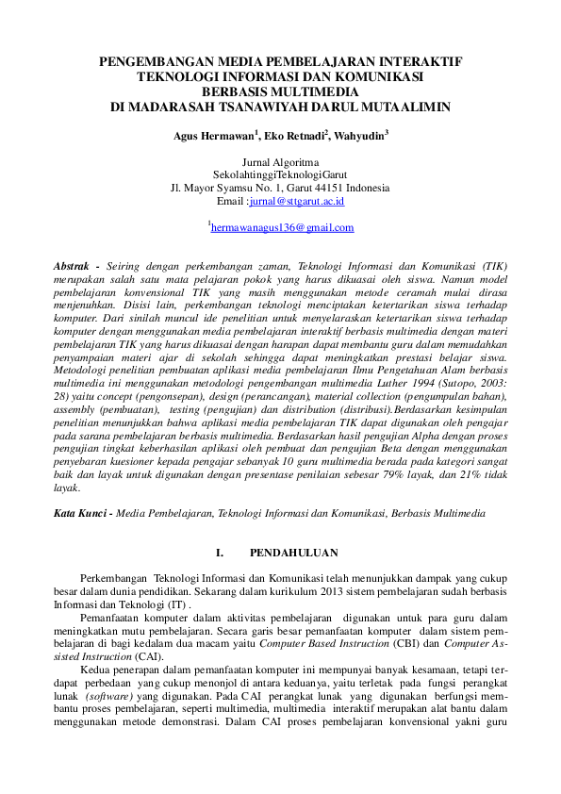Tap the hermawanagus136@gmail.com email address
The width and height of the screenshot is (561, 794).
tap(282, 228)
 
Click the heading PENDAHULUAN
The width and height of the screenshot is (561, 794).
tap(294, 551)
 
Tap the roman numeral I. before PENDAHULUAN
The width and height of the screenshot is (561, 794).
tap(220, 551)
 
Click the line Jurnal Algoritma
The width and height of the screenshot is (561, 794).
tap(280, 162)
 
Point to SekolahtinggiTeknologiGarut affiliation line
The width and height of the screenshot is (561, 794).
tap(280, 175)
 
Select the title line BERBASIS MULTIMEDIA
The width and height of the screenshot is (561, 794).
tap(280, 92)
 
